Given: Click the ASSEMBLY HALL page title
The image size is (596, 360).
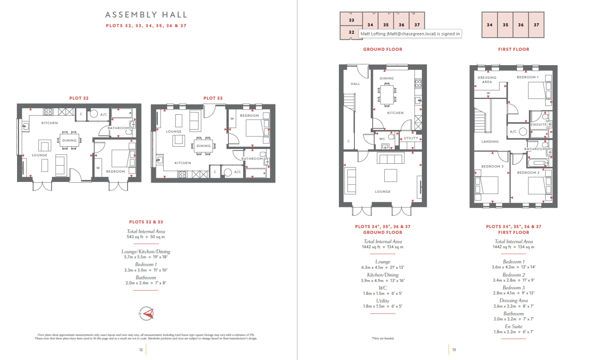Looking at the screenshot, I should (x=146, y=15).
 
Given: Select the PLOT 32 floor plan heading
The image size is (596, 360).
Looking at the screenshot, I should (x=79, y=98).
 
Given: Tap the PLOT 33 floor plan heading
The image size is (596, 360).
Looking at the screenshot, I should (x=213, y=98).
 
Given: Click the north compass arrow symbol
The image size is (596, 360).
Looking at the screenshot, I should (x=146, y=314).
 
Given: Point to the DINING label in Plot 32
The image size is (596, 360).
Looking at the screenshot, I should (x=69, y=140).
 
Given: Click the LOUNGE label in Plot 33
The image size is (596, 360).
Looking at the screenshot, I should (x=174, y=132).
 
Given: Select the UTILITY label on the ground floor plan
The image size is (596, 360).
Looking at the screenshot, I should (x=411, y=138).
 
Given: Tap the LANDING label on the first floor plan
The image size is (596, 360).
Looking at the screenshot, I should (x=490, y=141).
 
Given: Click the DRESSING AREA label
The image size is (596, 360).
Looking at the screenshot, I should (x=487, y=80).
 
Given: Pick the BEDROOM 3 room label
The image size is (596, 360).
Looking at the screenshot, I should (x=492, y=166).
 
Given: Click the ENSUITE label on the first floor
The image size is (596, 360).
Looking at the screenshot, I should (x=539, y=124).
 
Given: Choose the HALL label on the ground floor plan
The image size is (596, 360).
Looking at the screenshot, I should (x=355, y=84).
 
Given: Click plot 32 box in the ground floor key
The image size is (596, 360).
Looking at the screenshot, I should (x=351, y=32).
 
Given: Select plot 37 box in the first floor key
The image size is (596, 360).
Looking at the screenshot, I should (x=536, y=25).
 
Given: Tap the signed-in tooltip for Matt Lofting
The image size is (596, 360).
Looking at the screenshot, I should (x=410, y=34).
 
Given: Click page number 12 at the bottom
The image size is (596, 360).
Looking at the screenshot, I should (x=141, y=350).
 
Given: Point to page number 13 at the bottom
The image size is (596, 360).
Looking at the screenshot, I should (x=454, y=350).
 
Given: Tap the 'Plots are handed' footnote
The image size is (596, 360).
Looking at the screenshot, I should (x=383, y=339).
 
